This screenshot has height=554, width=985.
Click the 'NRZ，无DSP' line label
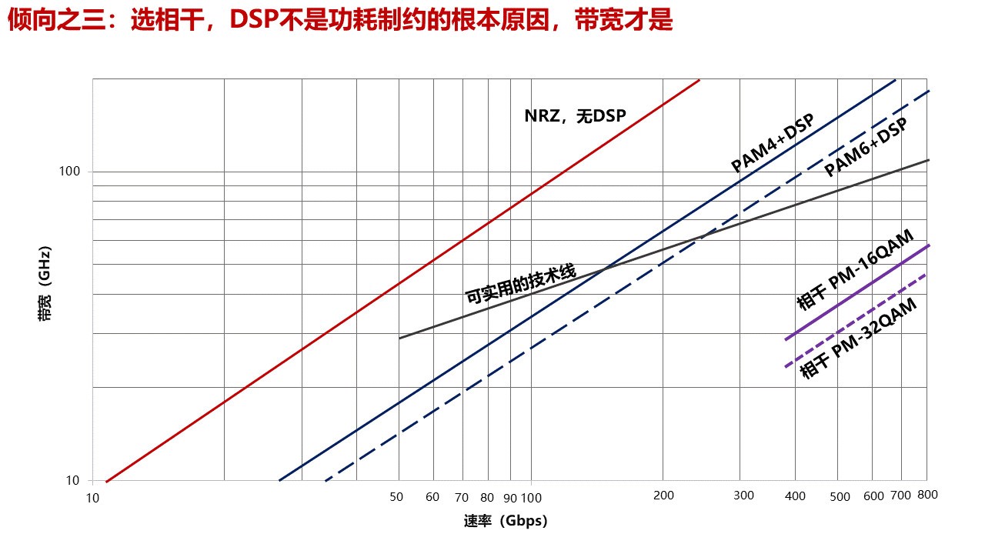[x=575, y=115]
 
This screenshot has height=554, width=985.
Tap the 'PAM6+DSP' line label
[x=866, y=148]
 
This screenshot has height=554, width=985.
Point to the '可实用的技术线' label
[x=520, y=284]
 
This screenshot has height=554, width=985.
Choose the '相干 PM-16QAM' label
[x=855, y=270]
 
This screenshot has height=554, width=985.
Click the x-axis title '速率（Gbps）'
[x=505, y=521]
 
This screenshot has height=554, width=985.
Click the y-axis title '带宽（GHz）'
[x=45, y=284]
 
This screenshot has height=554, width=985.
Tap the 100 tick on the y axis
[x=70, y=171]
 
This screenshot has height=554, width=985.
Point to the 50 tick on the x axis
[x=397, y=497]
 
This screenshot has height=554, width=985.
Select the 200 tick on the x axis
[x=663, y=496]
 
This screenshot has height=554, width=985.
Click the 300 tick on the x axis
[x=743, y=496]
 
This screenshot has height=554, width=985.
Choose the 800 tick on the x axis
[x=927, y=495]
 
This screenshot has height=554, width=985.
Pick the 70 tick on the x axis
[x=462, y=497]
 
